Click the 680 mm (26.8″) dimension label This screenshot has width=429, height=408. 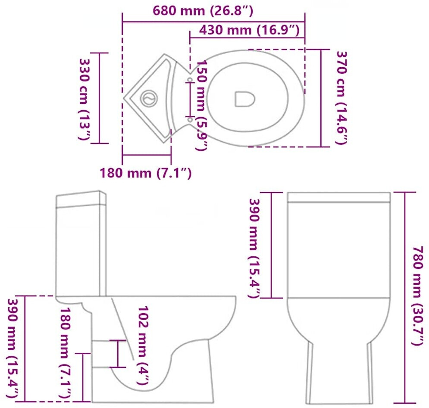(x=203, y=11)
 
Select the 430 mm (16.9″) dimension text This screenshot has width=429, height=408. (x=249, y=30)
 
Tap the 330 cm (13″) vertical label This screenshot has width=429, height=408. (x=85, y=99)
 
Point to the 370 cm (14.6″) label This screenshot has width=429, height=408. (x=341, y=98)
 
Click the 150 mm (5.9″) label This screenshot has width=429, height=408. (x=202, y=106)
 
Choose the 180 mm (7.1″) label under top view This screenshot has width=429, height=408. (x=146, y=173)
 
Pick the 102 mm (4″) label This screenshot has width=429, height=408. (x=143, y=346)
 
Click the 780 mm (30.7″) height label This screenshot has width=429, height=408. (x=418, y=296)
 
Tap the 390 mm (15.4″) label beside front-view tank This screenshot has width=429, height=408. (x=254, y=248)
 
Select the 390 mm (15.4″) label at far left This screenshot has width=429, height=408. (x=13, y=349)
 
